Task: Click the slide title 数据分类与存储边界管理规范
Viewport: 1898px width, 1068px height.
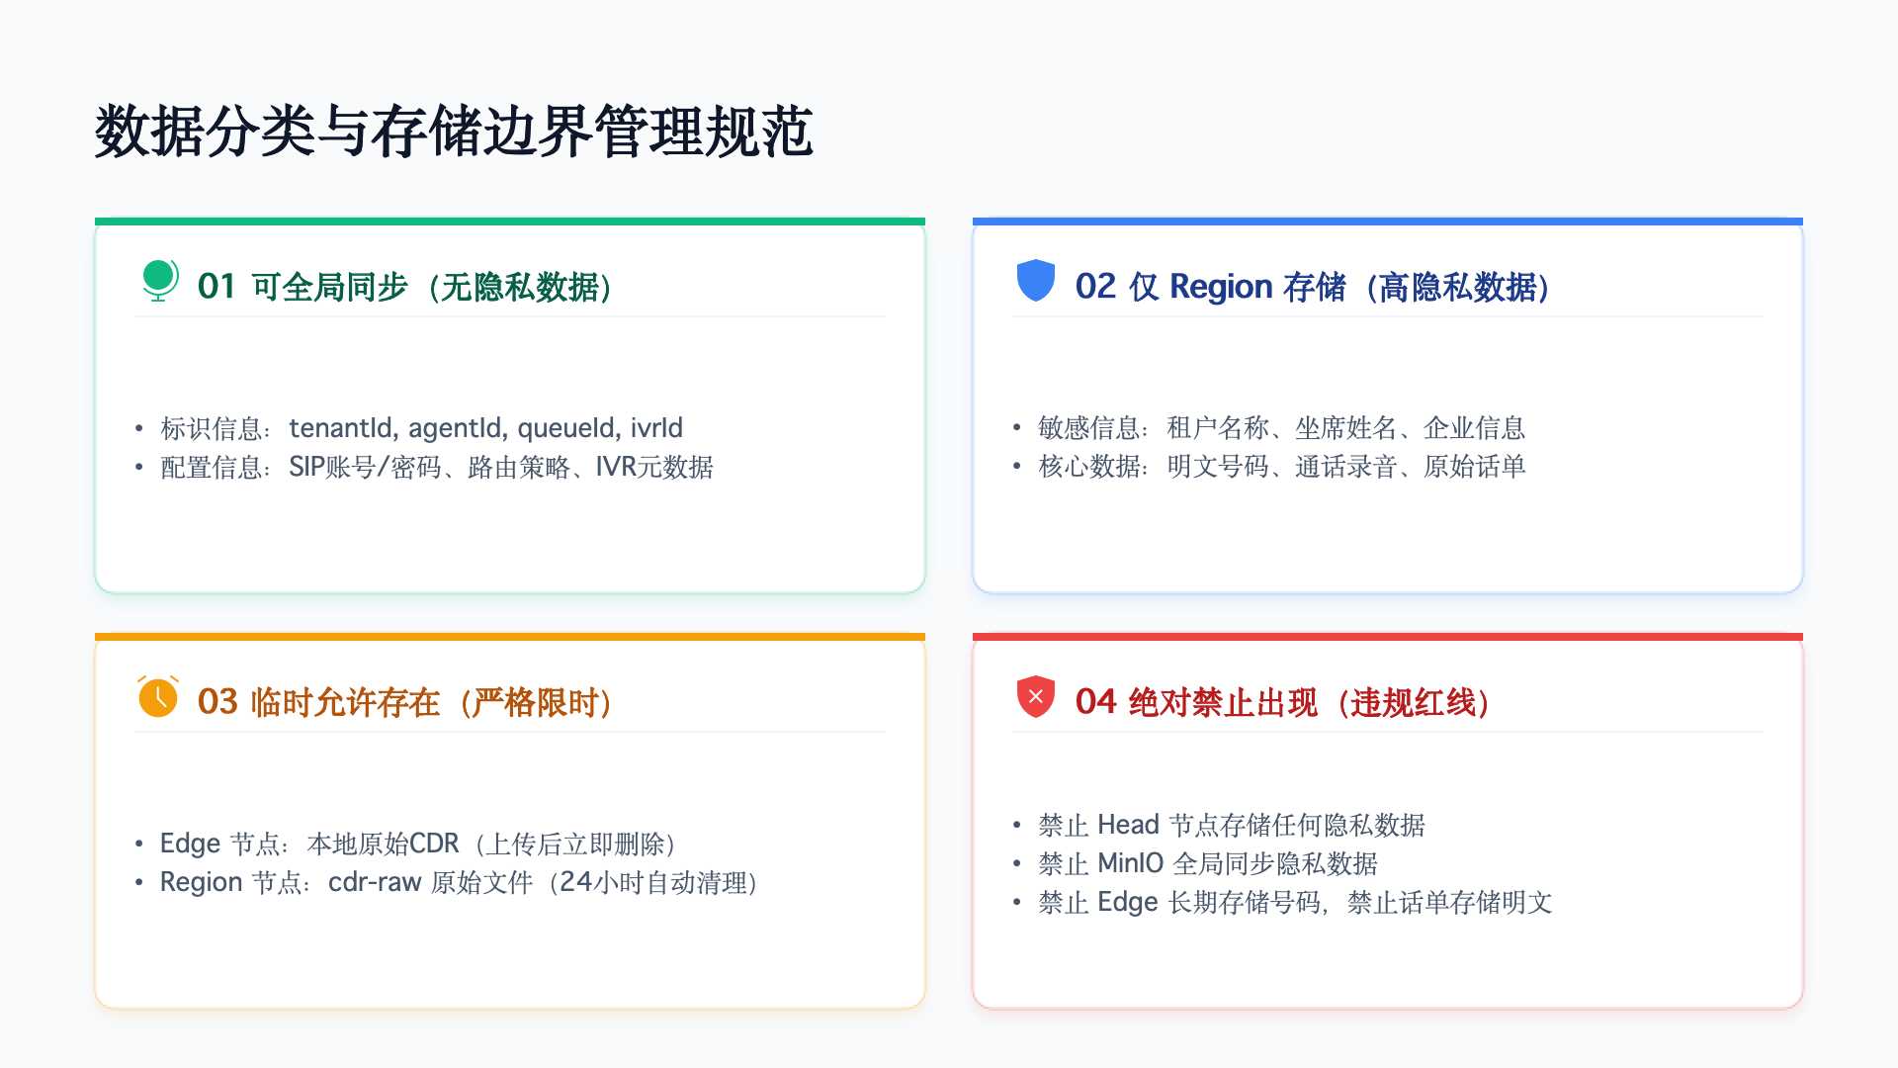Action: coord(454,132)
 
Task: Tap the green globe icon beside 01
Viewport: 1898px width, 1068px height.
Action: coord(158,280)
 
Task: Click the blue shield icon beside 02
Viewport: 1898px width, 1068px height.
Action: coord(1036,280)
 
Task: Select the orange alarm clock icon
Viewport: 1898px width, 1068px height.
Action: coord(158,696)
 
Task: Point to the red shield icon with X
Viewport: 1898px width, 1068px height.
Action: coord(1036,696)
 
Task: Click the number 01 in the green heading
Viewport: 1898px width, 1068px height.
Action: coord(216,287)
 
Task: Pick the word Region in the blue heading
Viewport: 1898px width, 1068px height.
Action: coord(1221,287)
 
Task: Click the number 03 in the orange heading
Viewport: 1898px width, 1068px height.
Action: coord(217,702)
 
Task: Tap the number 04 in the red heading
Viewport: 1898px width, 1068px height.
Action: coord(1095,702)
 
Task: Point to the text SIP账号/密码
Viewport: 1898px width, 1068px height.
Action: coord(365,467)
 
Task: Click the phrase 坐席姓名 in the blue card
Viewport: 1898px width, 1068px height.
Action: coord(1345,428)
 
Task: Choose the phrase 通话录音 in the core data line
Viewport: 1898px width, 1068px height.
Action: coord(1345,467)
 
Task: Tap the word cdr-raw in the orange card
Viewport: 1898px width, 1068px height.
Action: coord(375,882)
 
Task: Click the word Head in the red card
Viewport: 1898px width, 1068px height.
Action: coord(1128,825)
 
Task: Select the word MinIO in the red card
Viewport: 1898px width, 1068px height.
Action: coord(1130,863)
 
